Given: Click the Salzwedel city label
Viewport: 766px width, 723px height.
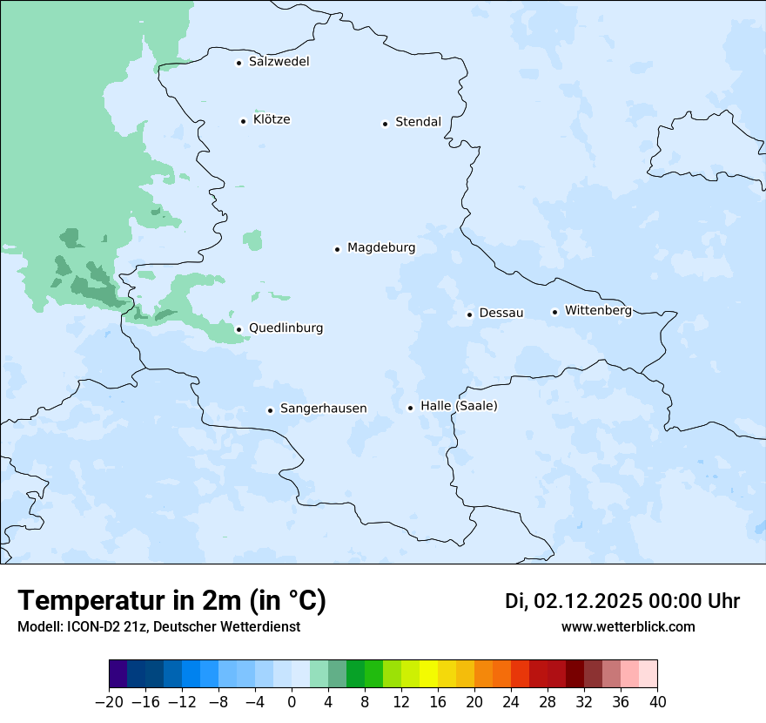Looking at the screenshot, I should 279,62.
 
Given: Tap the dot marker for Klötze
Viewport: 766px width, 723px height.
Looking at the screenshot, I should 244,121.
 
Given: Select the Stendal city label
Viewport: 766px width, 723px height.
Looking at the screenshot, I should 418,122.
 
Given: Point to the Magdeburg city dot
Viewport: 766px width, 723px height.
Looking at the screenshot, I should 337,249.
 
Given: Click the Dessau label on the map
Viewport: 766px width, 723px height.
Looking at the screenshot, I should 501,313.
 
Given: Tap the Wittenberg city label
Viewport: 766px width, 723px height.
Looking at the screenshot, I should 598,310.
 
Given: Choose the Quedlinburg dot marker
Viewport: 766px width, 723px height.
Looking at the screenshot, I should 239,329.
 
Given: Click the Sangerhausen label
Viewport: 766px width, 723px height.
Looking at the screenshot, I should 323,409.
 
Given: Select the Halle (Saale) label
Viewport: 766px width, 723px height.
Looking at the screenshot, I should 459,406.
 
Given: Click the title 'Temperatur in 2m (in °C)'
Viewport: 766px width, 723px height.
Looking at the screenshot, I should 171,601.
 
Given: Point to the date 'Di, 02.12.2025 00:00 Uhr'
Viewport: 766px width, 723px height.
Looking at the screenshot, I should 622,601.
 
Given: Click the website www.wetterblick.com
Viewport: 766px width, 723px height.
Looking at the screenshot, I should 628,626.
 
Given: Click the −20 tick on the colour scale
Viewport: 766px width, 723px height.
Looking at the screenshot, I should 110,702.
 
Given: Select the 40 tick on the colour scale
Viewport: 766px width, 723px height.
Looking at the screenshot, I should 657,702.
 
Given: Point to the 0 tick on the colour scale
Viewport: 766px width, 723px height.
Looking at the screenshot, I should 292,702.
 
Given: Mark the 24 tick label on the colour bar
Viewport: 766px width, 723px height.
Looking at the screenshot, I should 511,702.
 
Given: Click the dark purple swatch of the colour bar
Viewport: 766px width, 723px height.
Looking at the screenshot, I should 118,674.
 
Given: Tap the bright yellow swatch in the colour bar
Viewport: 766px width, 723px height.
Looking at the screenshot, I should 429,674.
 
